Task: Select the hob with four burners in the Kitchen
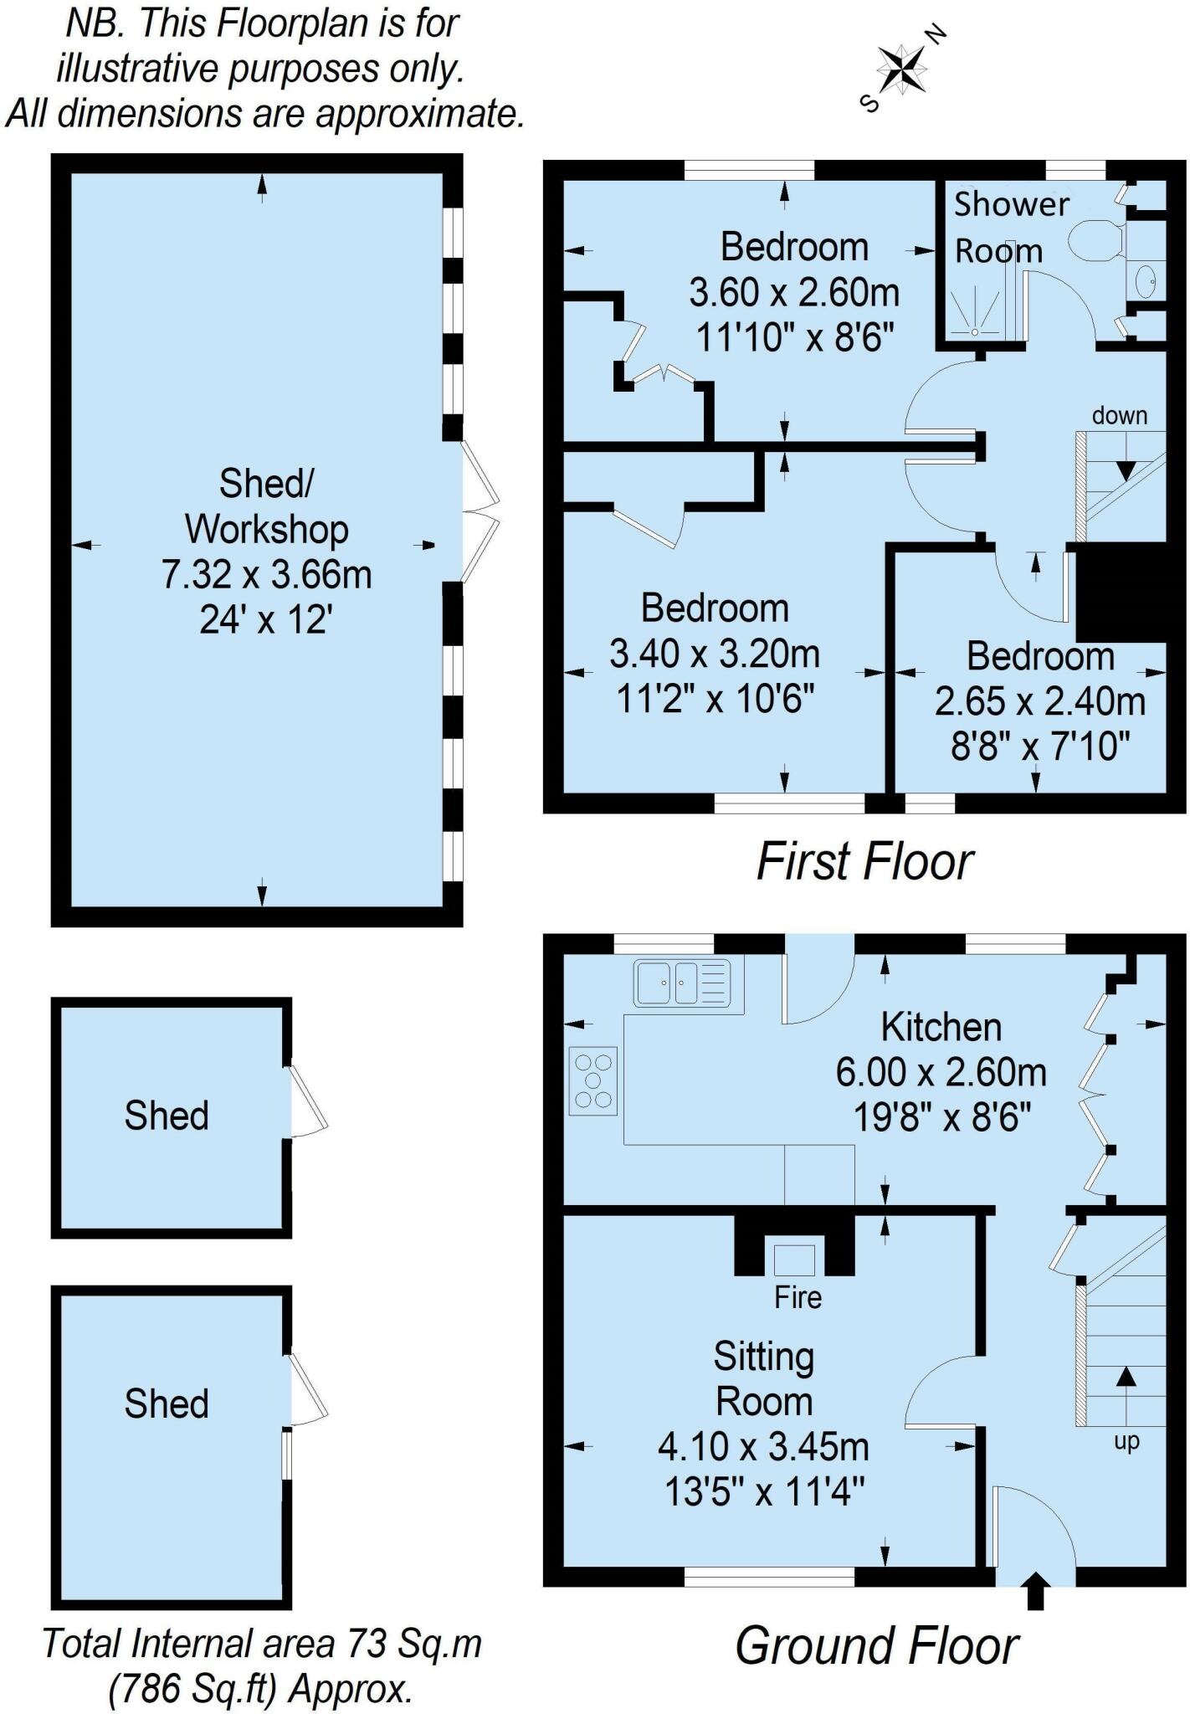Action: pos(593,1080)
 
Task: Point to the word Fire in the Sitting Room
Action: pos(798,1297)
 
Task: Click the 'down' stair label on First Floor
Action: pos(1119,415)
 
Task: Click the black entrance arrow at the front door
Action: pos(1036,1590)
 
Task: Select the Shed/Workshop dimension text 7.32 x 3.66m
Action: pos(266,575)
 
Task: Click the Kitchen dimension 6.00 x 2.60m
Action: pos(941,1072)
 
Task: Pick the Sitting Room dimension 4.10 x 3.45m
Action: pos(763,1446)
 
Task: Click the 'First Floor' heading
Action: pos(865,862)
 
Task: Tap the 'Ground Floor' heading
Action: pos(877,1646)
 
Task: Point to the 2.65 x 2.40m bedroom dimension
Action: pos(1040,701)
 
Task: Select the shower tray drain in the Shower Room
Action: pos(975,331)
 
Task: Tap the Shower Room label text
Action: pos(1011,228)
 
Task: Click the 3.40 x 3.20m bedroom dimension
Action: pos(715,654)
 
